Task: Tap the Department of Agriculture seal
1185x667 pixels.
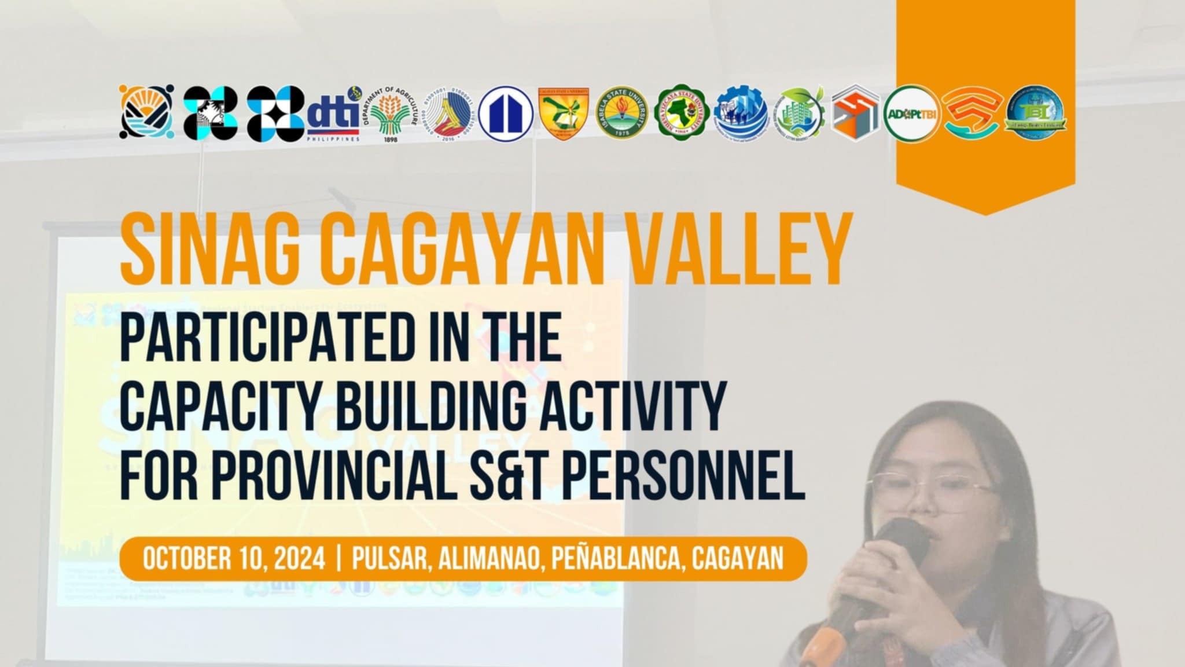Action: (392, 114)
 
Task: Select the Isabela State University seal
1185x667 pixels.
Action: (622, 113)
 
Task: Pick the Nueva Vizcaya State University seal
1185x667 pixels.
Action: (683, 113)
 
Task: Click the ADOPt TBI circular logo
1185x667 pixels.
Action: (911, 113)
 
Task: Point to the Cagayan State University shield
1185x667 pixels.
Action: (563, 113)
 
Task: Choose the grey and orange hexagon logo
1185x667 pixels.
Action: (855, 113)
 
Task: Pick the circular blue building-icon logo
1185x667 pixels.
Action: (506, 113)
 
